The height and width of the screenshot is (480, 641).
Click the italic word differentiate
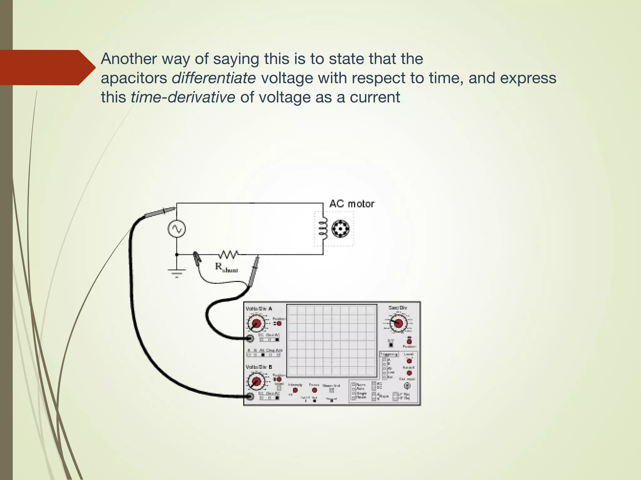click(x=214, y=78)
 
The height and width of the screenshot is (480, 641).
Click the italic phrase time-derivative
click(x=183, y=97)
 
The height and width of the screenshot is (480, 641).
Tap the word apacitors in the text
click(x=134, y=78)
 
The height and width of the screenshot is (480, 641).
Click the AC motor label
click(x=352, y=204)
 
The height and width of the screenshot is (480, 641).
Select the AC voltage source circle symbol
click(x=177, y=229)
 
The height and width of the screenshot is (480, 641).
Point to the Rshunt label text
click(x=226, y=267)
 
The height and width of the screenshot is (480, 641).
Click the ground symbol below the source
click(x=177, y=273)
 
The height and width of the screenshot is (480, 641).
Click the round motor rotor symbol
click(x=340, y=229)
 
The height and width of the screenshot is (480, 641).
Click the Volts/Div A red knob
click(x=256, y=323)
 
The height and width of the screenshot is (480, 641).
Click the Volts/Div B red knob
click(x=256, y=381)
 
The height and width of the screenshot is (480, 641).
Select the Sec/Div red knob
click(x=398, y=323)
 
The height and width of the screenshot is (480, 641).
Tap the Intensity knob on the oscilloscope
click(x=295, y=390)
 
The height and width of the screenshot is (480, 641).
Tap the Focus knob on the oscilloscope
click(x=314, y=390)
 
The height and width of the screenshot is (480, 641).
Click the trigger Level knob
click(x=409, y=361)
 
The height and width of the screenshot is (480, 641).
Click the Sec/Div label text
click(x=397, y=308)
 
